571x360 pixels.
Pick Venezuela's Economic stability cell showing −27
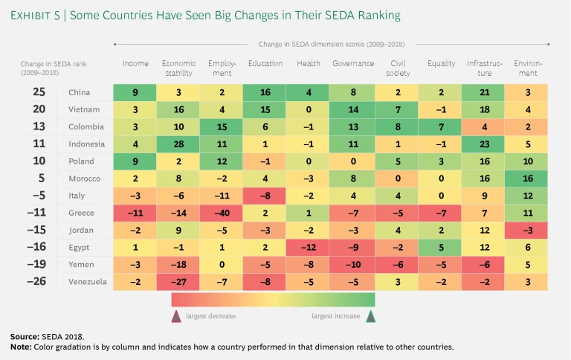pyautogui.click(x=178, y=281)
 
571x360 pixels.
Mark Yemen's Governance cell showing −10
pyautogui.click(x=353, y=266)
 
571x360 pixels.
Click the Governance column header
pyautogui.click(x=353, y=64)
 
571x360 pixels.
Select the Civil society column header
pyautogui.click(x=396, y=68)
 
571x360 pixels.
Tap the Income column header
pyautogui.click(x=135, y=64)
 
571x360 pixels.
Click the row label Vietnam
pyautogui.click(x=81, y=109)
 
